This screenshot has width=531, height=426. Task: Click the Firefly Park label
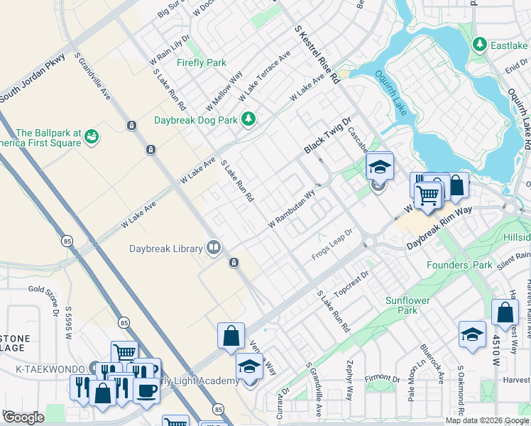point(202,62)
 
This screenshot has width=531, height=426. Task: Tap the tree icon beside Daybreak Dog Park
point(248,119)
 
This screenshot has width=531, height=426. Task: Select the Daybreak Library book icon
point(213,247)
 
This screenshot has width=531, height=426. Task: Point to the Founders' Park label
point(459,265)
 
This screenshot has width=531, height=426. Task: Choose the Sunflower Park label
point(407,305)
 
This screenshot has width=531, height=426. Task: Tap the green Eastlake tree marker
point(480,45)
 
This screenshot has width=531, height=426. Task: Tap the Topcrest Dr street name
point(352,282)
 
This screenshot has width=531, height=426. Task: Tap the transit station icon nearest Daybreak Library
point(234,263)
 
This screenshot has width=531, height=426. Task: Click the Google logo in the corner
point(23,417)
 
